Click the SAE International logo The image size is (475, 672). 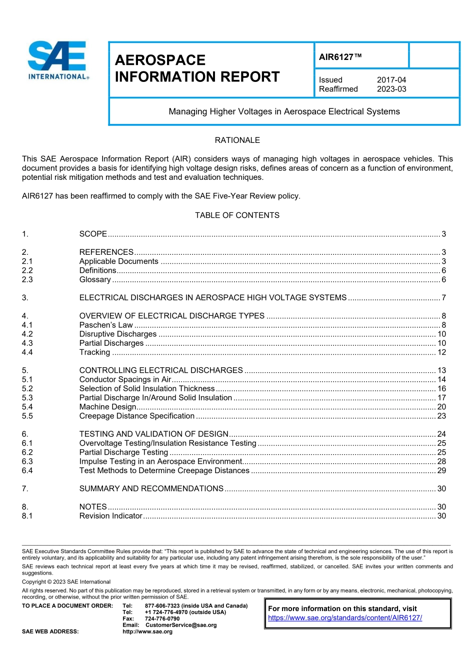(58, 60)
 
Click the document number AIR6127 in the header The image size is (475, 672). (340, 57)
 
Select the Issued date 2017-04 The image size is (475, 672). (391, 80)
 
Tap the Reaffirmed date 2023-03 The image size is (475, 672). (391, 89)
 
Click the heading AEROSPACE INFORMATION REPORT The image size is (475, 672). (197, 68)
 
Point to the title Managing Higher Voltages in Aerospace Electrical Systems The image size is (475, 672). (284, 111)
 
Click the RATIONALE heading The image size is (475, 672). (237, 140)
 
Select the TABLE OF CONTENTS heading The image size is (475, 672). (237, 215)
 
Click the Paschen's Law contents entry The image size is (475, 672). (106, 325)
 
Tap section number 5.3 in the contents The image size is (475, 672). (27, 398)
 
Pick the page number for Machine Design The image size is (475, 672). (441, 407)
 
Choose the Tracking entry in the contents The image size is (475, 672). (94, 352)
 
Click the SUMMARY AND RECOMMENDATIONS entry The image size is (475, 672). (151, 489)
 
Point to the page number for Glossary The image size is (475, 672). (443, 280)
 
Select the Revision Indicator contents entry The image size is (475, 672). (110, 516)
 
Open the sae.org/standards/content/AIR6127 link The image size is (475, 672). (344, 618)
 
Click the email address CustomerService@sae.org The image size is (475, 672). (181, 625)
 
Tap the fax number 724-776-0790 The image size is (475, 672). (162, 619)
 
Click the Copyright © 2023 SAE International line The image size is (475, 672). (66, 582)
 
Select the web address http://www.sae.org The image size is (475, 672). (147, 632)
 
